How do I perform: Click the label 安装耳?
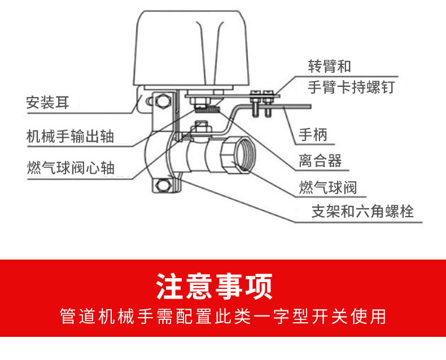point(47,102)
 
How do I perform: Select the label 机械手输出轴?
point(70,136)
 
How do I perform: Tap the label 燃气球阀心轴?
point(71,168)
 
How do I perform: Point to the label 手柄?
point(313,134)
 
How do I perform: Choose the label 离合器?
point(320,161)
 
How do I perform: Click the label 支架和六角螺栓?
point(362,212)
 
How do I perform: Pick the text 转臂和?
point(330,66)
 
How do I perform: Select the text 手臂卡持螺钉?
point(352,87)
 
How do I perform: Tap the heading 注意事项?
point(215,286)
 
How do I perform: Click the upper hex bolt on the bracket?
point(163,101)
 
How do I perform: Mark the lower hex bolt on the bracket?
point(162,186)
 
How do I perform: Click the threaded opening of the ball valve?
point(244,155)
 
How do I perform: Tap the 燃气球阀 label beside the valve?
point(327,188)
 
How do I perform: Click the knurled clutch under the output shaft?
point(207,109)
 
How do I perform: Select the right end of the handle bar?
point(311,107)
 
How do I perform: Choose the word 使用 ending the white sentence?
point(368,316)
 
